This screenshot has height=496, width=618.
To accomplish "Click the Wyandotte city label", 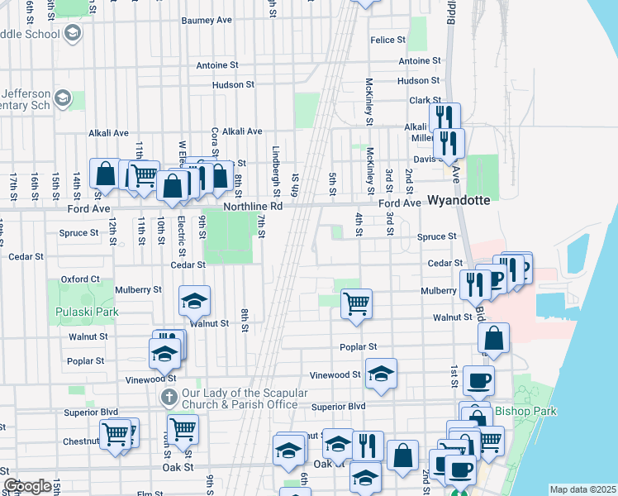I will coord(459,201).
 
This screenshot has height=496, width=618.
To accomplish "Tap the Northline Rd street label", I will coord(254,206).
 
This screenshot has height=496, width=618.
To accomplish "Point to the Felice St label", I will coord(387,40).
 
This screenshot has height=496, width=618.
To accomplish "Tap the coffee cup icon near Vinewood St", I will coord(478,379).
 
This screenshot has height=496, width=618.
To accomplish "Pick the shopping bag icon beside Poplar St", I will coord(493,336).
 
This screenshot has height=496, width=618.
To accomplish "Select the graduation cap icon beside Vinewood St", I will coord(381,373).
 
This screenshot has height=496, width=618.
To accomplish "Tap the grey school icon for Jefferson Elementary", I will coord(62,100).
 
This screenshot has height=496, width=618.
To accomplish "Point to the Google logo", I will coord(27,486).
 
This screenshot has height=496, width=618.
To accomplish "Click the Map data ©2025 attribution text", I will coord(582,489).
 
